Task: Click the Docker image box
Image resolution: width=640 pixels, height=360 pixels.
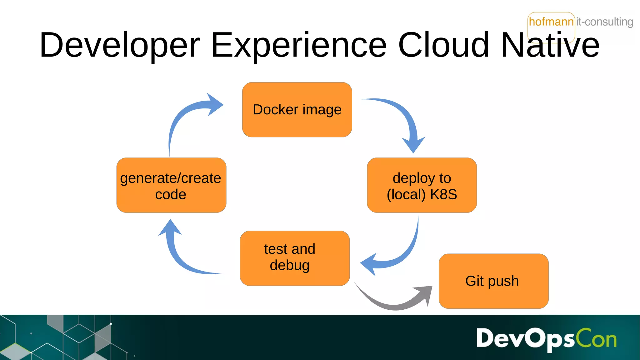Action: tap(297, 110)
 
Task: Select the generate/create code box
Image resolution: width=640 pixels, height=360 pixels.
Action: tap(171, 185)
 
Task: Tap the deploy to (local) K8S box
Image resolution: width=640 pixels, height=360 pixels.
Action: tap(422, 185)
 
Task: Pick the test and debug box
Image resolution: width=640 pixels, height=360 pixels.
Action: tap(294, 258)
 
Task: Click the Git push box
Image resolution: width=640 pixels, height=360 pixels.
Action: tap(493, 281)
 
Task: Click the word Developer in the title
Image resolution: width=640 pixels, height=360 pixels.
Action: tap(120, 45)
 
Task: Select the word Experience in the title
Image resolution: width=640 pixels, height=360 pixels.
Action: tap(299, 45)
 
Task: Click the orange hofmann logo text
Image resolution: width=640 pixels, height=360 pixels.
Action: tap(551, 22)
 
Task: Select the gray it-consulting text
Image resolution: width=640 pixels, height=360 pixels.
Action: tap(604, 22)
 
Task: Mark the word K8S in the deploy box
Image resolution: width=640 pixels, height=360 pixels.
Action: tap(443, 194)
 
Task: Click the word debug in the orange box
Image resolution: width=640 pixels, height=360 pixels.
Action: tap(290, 265)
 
